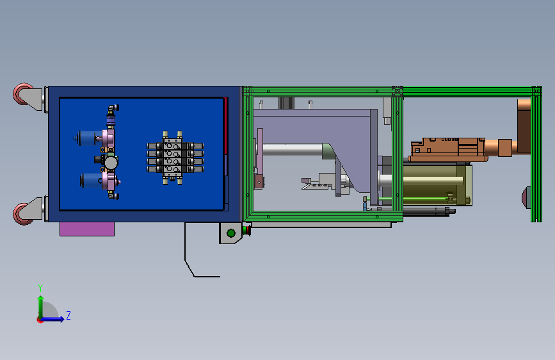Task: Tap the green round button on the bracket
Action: coord(231,233)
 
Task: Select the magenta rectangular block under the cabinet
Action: coord(87,229)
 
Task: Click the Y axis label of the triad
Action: coord(40,288)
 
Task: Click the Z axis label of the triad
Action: coord(68,315)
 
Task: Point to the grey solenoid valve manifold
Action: coord(175,158)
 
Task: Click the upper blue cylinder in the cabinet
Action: coord(88,138)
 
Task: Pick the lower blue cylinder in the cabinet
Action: coord(92,181)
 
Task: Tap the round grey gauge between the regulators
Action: coord(111,163)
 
